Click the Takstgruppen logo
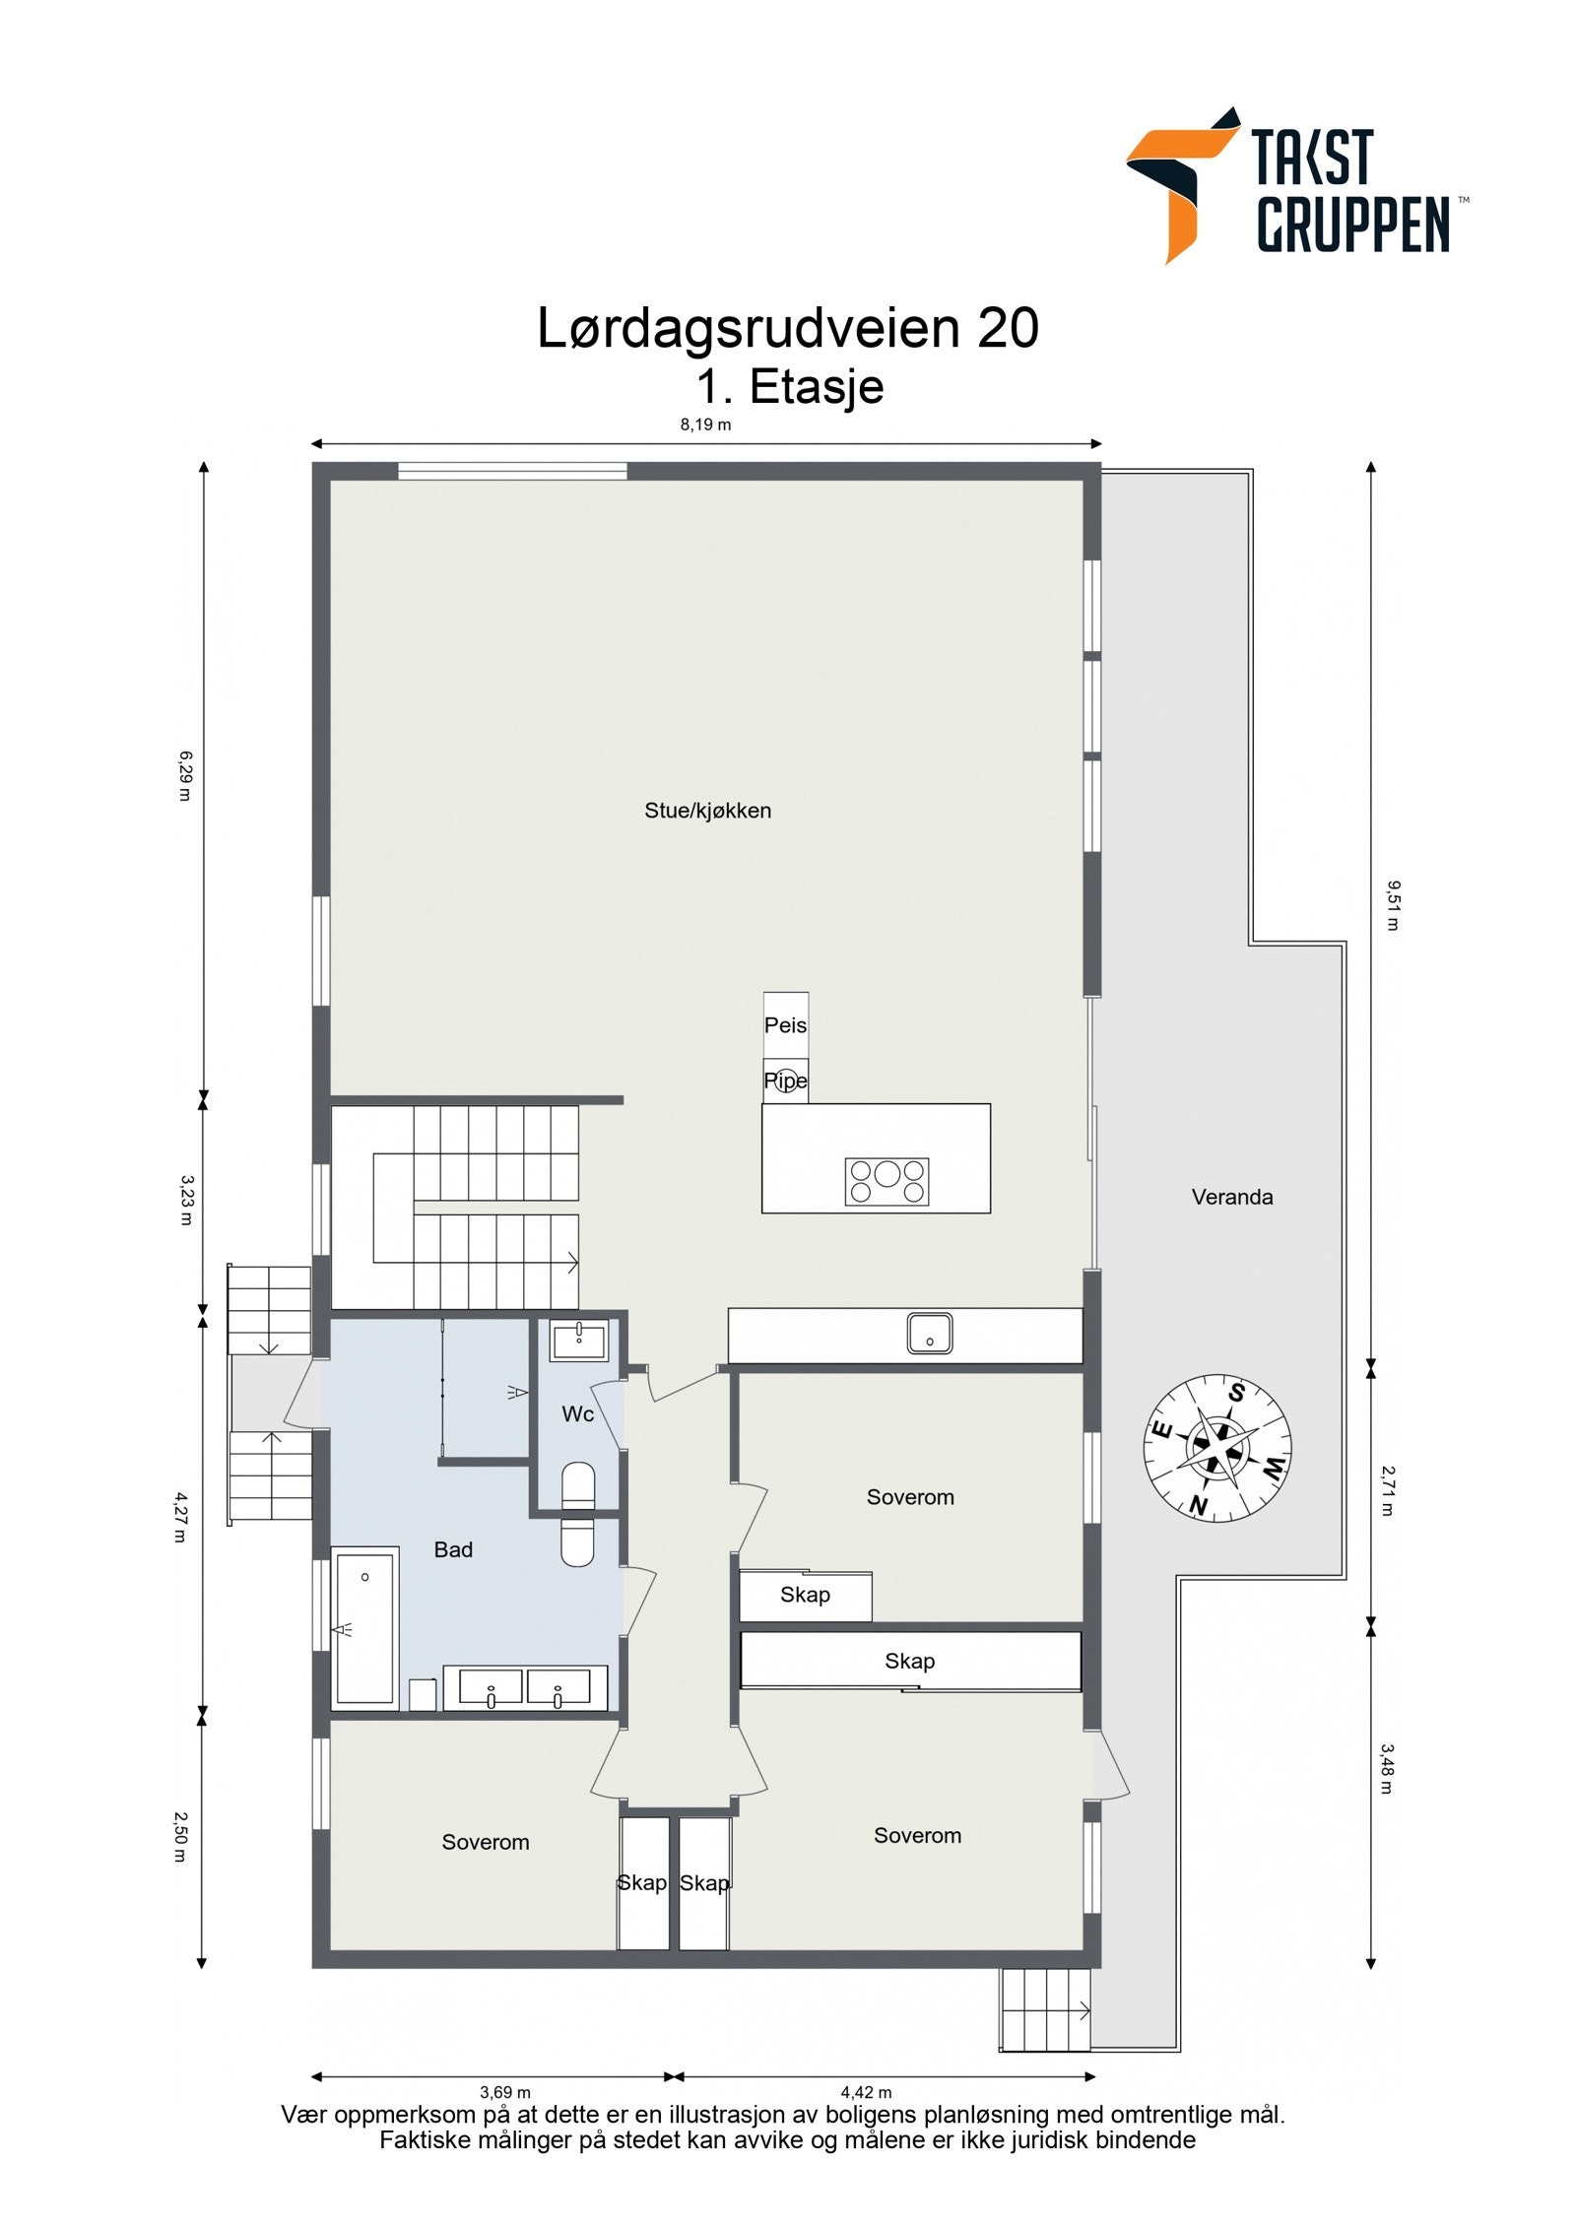1295,185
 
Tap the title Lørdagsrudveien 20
787,328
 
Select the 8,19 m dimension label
705,426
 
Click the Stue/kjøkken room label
707,811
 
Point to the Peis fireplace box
785,1024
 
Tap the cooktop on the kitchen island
886,1181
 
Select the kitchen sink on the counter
929,1334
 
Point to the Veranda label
1231,1197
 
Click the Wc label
577,1414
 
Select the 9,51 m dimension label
1392,905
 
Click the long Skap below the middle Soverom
909,1662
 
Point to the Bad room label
453,1549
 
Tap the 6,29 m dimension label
184,775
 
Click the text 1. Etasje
789,386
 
